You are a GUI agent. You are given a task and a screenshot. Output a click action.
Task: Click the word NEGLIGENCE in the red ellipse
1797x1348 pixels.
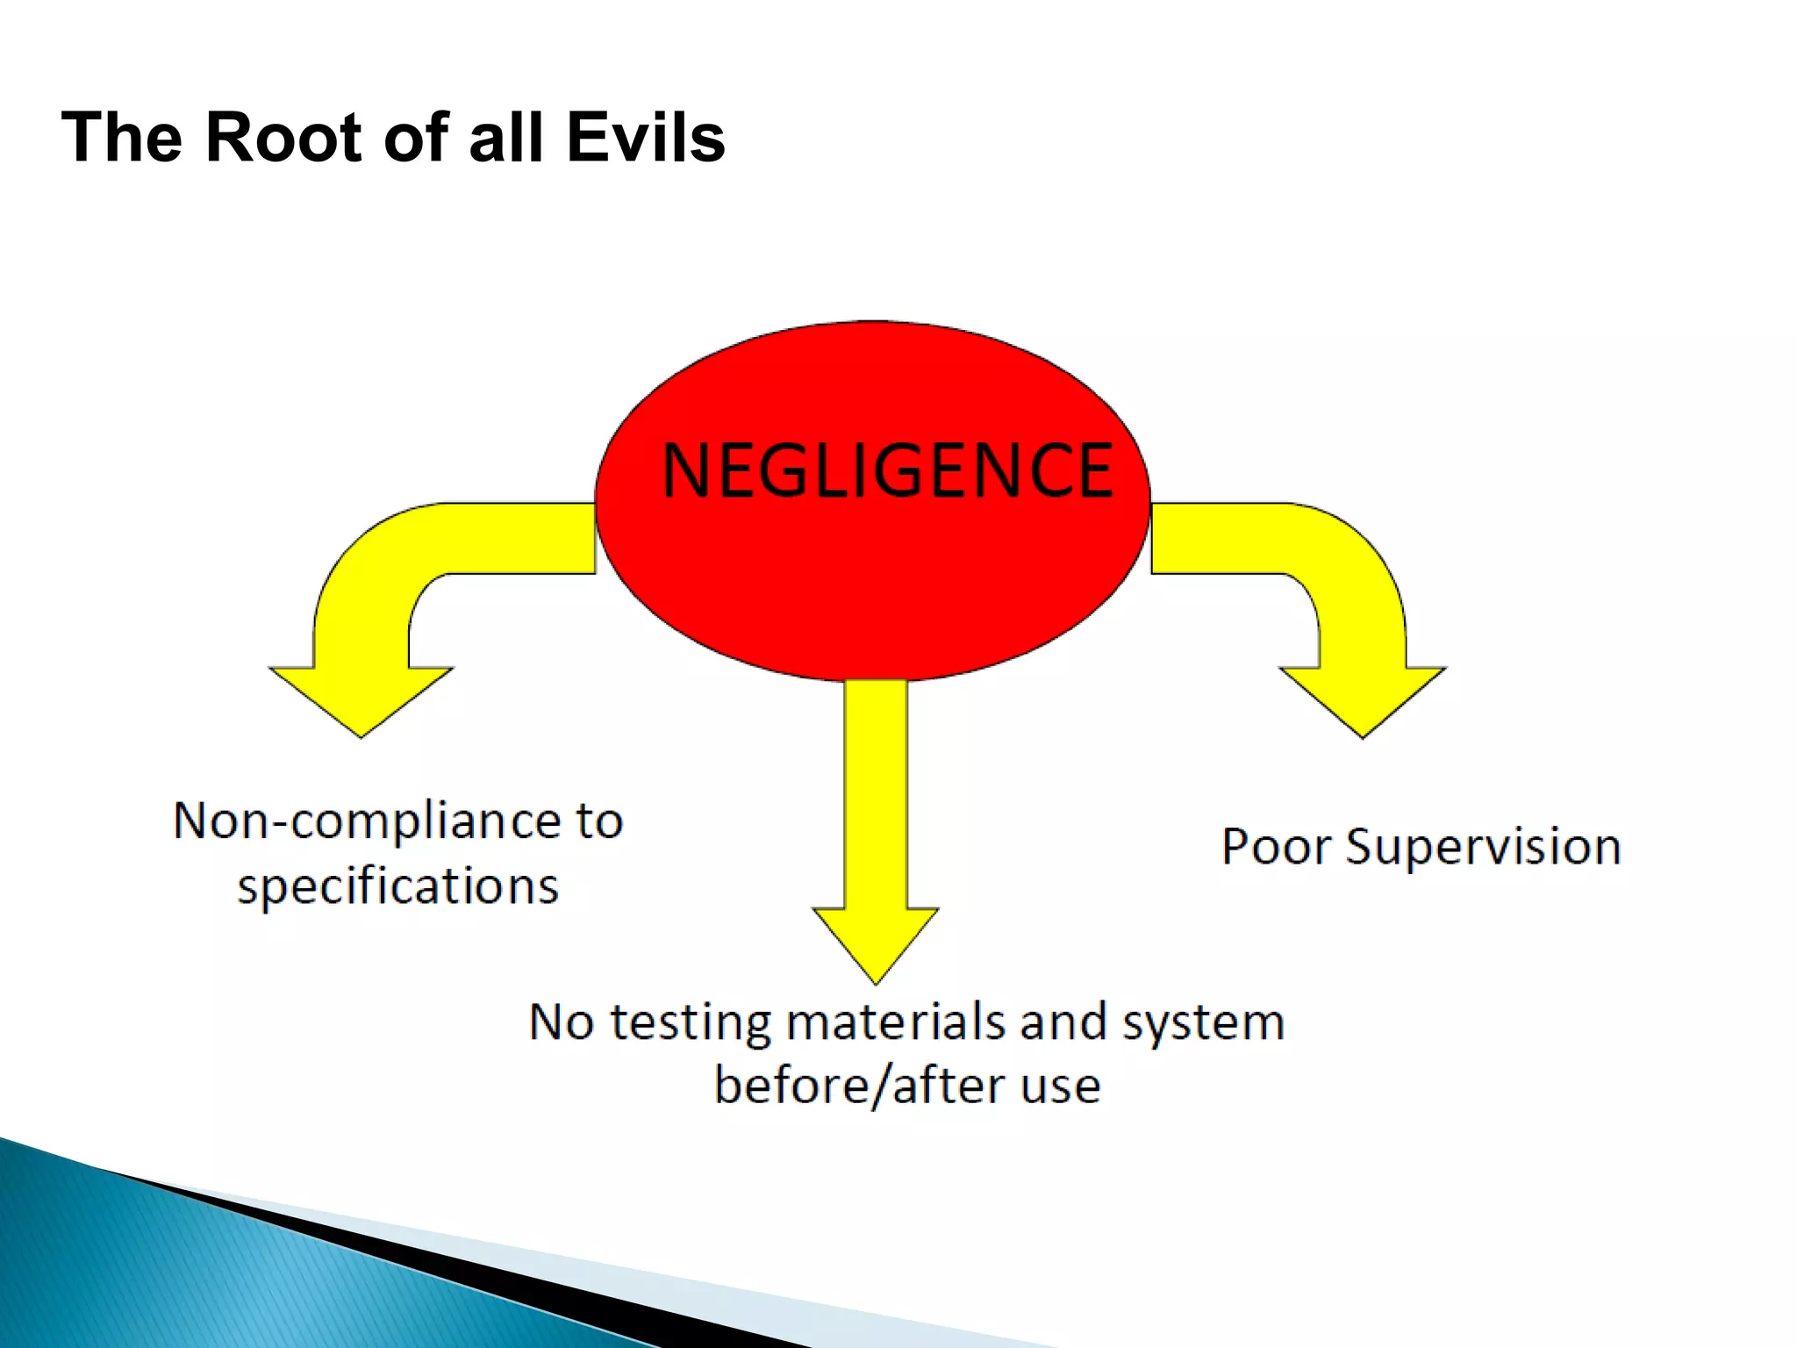tap(887, 471)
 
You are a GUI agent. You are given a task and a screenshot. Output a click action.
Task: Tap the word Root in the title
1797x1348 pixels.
tap(283, 138)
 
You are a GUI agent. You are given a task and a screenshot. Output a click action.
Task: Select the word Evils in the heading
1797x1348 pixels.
tap(645, 138)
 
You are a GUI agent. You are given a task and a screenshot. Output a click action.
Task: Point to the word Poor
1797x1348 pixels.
tap(1276, 848)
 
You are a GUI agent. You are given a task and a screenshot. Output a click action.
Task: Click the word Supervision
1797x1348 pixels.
tap(1483, 848)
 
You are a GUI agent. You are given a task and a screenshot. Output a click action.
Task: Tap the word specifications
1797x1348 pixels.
tap(397, 886)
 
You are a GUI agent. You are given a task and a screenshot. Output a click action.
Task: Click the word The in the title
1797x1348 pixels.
tap(124, 138)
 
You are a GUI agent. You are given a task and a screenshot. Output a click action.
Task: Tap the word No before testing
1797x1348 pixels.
tap(562, 1023)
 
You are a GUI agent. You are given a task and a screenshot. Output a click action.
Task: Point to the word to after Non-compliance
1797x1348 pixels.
tap(599, 821)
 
